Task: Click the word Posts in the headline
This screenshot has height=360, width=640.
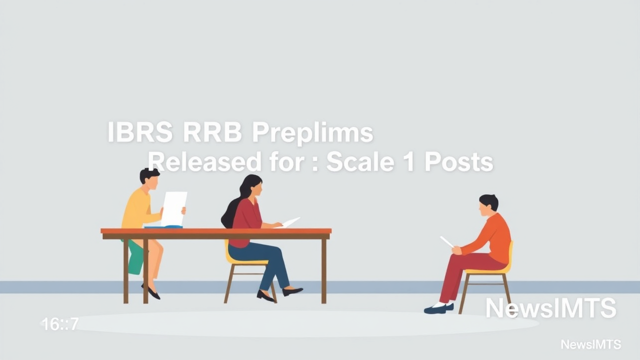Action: pos(458,161)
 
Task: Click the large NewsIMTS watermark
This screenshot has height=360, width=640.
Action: pos(550,308)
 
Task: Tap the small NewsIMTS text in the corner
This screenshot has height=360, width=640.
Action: pos(590,344)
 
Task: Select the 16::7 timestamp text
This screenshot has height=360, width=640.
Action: pos(60,324)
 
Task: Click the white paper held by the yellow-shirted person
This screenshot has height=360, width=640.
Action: pos(173,208)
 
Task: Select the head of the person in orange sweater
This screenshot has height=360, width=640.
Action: pos(488,204)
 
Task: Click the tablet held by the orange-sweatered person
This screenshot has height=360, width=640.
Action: pos(446,241)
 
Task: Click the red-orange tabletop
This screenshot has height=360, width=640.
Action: pos(215,231)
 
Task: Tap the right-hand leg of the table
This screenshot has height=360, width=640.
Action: pos(324,270)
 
